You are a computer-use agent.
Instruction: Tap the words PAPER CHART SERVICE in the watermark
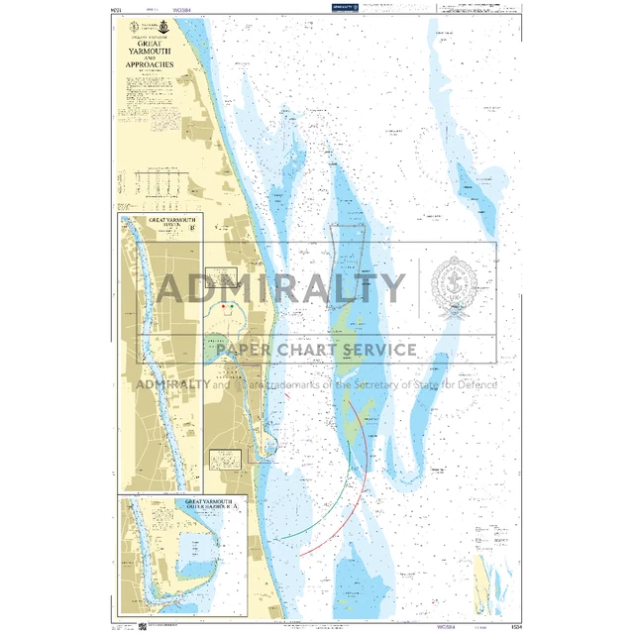pos(310,350)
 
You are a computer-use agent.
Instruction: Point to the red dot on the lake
pos(234,307)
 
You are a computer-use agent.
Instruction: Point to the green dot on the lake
pos(225,307)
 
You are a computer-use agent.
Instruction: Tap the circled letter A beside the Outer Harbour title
pos(235,507)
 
